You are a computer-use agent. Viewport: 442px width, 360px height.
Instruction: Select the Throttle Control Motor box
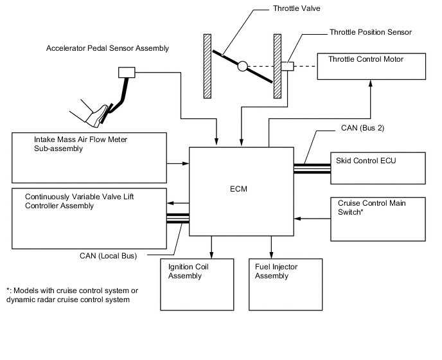(x=371, y=67)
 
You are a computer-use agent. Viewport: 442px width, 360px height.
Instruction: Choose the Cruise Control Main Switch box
(x=377, y=218)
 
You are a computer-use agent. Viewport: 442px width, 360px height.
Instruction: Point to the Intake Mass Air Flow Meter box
(x=89, y=157)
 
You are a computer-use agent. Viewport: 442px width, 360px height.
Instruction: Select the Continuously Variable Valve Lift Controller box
(x=89, y=218)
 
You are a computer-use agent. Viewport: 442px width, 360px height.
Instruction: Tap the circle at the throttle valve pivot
(x=242, y=66)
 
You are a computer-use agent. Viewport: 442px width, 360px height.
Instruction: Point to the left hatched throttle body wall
(x=208, y=66)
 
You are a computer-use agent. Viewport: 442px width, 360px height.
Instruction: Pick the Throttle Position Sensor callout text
(x=370, y=32)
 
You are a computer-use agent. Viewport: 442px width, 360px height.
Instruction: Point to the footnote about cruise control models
(x=72, y=295)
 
